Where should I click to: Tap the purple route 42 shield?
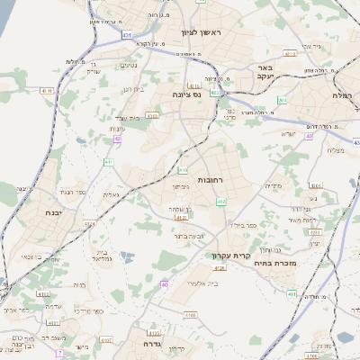117,139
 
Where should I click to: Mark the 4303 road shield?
152,115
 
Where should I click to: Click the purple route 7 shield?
60,353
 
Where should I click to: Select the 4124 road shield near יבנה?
89,222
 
